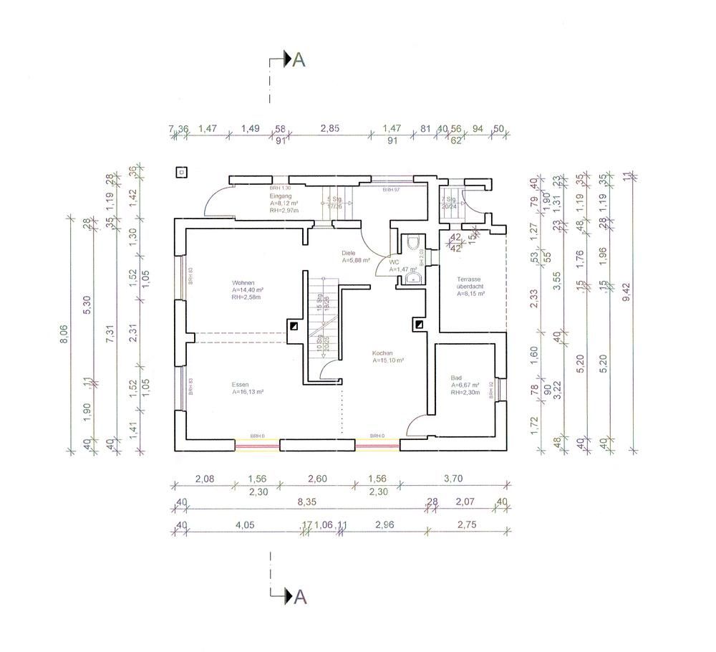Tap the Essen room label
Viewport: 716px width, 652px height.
click(x=241, y=384)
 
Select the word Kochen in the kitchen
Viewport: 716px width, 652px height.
click(x=382, y=353)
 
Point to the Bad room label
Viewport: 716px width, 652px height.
click(x=456, y=378)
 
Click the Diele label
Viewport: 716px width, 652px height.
click(x=349, y=253)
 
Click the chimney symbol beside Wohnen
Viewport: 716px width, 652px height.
click(x=294, y=325)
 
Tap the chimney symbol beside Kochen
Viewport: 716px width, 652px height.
click(x=417, y=325)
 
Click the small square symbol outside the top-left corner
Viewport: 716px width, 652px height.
click(x=182, y=172)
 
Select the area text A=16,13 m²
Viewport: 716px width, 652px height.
click(x=248, y=393)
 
